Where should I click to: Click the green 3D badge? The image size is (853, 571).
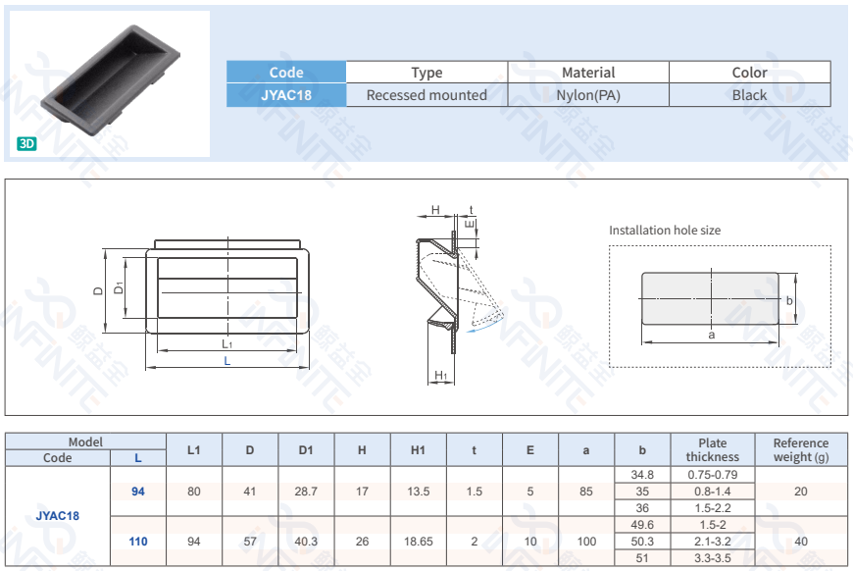point(26,143)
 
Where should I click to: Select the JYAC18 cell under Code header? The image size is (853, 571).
point(286,95)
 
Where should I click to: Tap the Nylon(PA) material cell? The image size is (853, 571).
point(588,95)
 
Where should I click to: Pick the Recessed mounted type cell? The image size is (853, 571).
point(426,95)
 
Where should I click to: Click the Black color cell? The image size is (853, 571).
point(749,95)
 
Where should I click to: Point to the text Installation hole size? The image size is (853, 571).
point(665,231)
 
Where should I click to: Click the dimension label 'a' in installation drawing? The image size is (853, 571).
point(712,335)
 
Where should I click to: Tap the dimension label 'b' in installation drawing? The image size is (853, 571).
point(789,301)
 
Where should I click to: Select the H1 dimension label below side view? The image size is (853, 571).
point(441,376)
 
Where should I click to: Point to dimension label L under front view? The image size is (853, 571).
point(227,361)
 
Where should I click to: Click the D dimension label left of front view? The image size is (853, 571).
point(98,291)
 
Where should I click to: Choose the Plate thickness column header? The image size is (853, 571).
point(713,449)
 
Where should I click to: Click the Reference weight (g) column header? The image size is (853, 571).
point(801,449)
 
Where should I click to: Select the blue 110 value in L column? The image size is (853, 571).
point(137,541)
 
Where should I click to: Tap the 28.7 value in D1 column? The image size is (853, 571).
point(306,492)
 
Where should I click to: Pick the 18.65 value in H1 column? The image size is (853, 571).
point(418,541)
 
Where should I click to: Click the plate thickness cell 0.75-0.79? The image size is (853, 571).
point(713,475)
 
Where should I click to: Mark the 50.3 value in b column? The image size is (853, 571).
point(642,541)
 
